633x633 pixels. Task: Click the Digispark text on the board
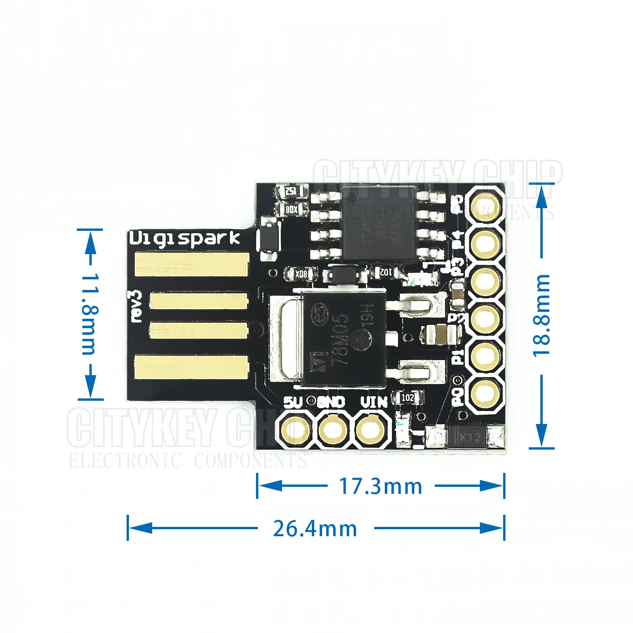point(184,238)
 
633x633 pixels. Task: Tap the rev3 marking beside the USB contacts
point(135,306)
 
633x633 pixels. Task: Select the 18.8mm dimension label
point(541,315)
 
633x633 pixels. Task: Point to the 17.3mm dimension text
point(381,486)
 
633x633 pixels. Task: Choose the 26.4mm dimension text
point(315,529)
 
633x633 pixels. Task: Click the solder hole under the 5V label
point(294,429)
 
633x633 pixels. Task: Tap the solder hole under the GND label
point(333,429)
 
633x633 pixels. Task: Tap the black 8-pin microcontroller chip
point(378,222)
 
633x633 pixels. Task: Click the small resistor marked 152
point(291,191)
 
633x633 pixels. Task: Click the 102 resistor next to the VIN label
point(408,397)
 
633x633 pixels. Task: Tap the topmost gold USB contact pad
point(191,264)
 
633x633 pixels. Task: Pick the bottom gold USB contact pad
point(191,366)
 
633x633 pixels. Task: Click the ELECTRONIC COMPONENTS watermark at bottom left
point(186,461)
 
